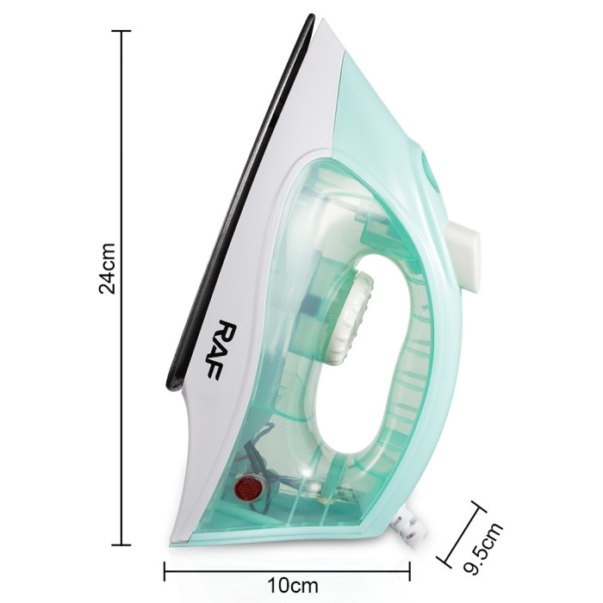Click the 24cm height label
click(107, 269)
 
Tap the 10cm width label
click(293, 586)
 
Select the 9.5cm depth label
click(483, 549)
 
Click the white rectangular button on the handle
click(463, 255)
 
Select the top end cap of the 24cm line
click(121, 31)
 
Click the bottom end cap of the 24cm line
click(121, 545)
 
